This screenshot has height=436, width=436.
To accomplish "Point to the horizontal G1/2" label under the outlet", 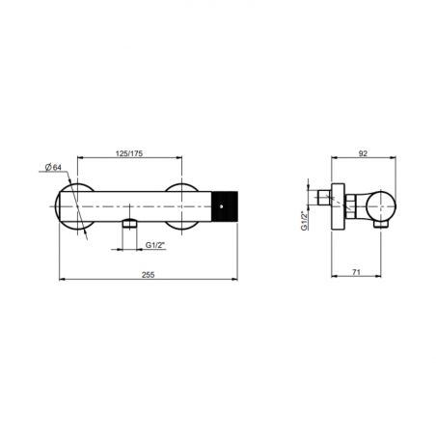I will coord(153,246).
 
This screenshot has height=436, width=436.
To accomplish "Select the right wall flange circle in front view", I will coord(186,203).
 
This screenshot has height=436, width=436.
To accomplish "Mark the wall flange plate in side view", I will coord(337,205).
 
